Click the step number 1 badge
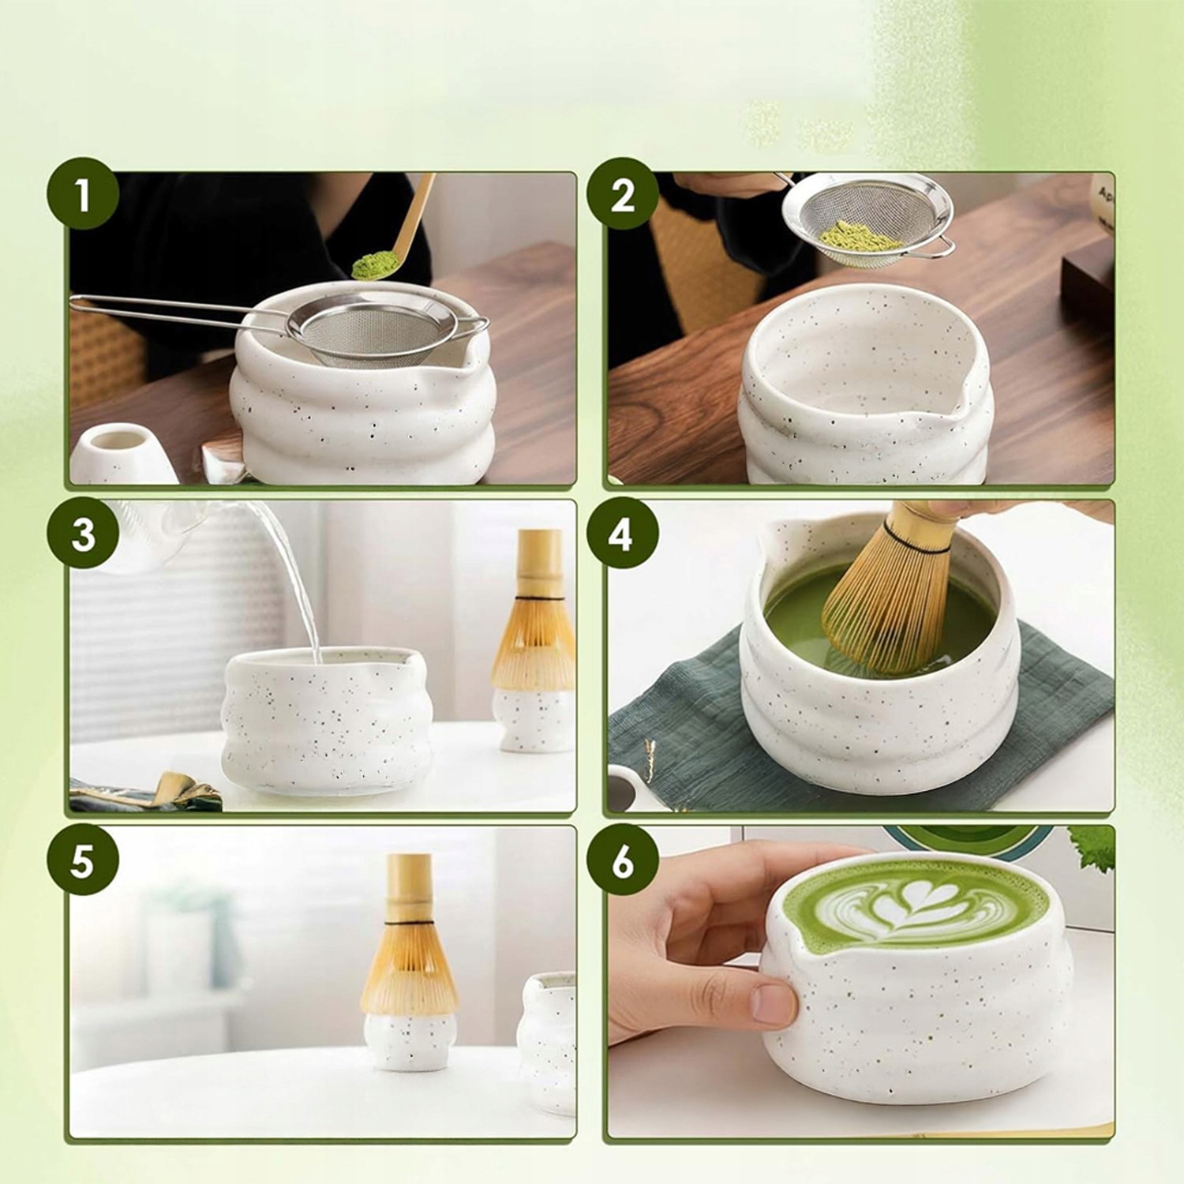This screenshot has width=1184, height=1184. click(x=83, y=195)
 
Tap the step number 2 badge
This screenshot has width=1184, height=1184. click(x=623, y=195)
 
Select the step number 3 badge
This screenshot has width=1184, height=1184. click(x=83, y=534)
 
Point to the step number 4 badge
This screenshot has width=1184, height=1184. click(x=623, y=534)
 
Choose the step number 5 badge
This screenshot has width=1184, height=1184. click(x=83, y=860)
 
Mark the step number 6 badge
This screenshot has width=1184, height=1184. click(x=623, y=860)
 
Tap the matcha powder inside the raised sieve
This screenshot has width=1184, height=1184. click(x=859, y=235)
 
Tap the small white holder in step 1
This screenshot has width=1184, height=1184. click(x=125, y=453)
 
